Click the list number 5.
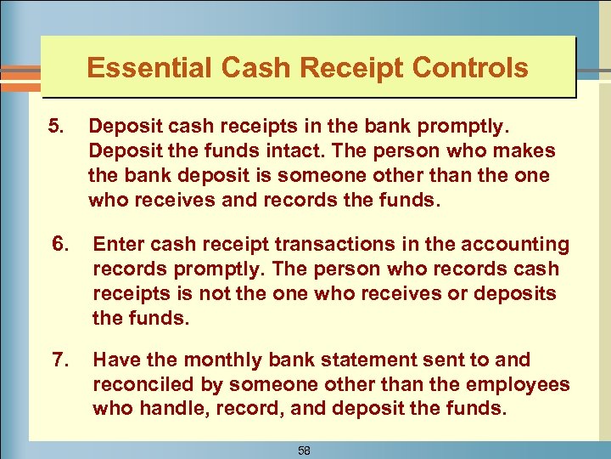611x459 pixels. (x=56, y=127)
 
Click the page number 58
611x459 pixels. (x=304, y=450)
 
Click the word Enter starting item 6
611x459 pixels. (x=118, y=245)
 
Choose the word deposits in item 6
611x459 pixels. (x=519, y=292)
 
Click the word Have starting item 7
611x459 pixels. (x=115, y=360)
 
